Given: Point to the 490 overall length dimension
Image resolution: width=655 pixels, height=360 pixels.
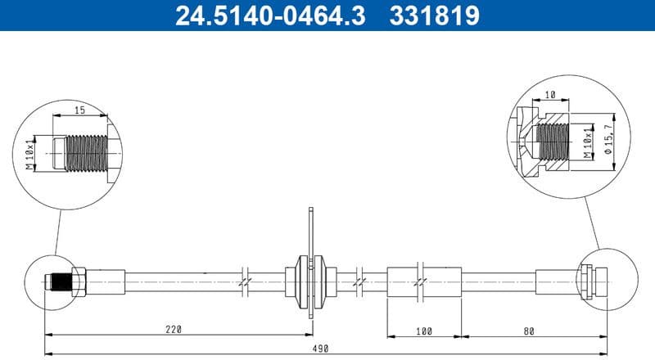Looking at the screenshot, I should (320, 349).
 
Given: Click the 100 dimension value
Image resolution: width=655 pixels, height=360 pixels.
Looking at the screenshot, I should (422, 331).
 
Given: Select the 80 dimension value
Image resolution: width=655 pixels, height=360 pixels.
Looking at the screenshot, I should (529, 331).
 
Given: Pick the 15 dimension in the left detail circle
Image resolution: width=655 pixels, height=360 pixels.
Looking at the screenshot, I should (79, 110).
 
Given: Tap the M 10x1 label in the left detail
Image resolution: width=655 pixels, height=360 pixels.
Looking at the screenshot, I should (30, 153).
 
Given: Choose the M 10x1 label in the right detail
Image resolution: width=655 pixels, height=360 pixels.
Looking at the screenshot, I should (587, 142).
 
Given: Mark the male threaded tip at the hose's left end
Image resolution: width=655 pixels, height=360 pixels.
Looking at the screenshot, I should (57, 282).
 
